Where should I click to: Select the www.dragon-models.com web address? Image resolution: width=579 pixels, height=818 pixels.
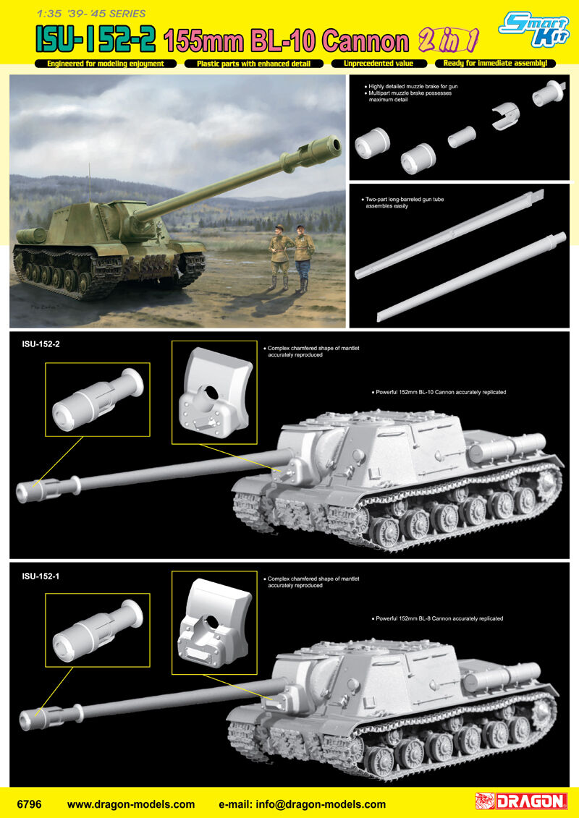click(x=130, y=804)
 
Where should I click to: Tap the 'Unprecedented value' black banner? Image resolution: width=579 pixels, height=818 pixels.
click(x=379, y=64)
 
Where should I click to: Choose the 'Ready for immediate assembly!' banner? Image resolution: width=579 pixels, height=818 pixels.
click(x=495, y=64)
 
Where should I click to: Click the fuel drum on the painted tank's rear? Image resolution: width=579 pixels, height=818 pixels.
click(x=32, y=236)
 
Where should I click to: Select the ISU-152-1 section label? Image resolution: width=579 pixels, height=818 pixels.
click(x=37, y=576)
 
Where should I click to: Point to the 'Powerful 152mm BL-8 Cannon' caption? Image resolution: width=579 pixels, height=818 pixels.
click(x=439, y=618)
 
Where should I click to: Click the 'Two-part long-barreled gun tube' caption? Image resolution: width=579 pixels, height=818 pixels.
click(x=403, y=203)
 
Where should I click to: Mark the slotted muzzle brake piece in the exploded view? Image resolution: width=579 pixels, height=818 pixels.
click(x=506, y=118)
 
